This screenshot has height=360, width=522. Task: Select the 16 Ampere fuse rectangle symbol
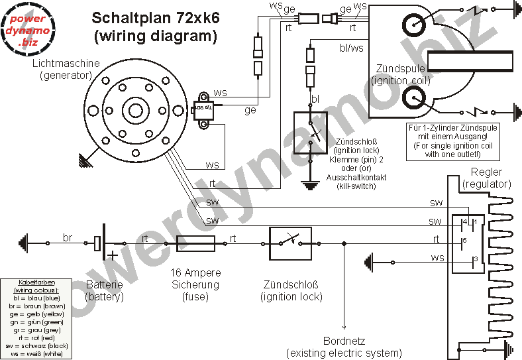(195, 244)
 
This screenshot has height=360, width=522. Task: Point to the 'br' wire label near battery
(67, 237)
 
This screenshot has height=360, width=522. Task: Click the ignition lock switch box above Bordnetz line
(289, 244)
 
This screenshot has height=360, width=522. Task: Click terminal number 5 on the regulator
(465, 240)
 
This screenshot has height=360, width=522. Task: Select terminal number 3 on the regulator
(474, 259)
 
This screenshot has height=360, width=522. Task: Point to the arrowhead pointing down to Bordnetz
(344, 326)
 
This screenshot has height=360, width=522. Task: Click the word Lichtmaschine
(66, 63)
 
